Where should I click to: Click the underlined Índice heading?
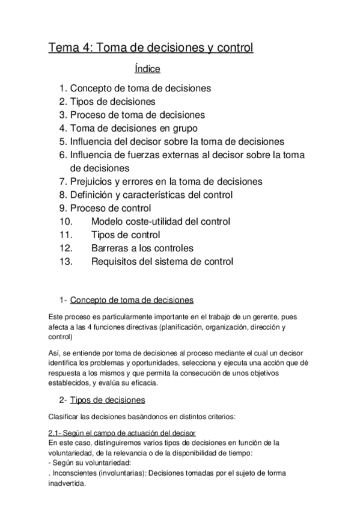click(x=147, y=69)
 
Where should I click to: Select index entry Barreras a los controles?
click(x=142, y=248)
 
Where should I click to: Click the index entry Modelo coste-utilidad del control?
click(x=160, y=221)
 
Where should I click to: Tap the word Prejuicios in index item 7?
click(x=92, y=181)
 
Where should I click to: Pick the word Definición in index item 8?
click(x=93, y=195)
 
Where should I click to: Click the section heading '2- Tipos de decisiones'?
click(x=107, y=400)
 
